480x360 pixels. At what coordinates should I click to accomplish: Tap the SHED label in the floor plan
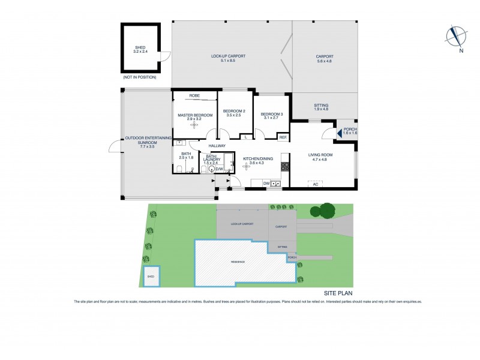pyautogui.click(x=140, y=47)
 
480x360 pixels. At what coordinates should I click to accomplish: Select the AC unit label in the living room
pyautogui.click(x=315, y=184)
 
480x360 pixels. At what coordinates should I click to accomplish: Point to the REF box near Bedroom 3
pyautogui.click(x=283, y=137)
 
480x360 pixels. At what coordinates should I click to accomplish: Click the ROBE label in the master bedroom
pyautogui.click(x=194, y=95)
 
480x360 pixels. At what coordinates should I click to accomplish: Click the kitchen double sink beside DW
pyautogui.click(x=276, y=184)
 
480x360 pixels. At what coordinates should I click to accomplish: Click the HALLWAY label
pyautogui.click(x=217, y=146)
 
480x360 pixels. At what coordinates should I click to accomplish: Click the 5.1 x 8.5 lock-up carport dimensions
pyautogui.click(x=229, y=61)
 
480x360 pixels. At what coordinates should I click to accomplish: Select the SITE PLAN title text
pyautogui.click(x=337, y=293)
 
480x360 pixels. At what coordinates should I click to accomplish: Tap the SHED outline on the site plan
pyautogui.click(x=151, y=275)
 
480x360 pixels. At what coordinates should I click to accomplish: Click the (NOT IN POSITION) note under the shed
pyautogui.click(x=139, y=77)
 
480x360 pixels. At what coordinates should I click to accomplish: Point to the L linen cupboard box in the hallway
pyautogui.click(x=247, y=137)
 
